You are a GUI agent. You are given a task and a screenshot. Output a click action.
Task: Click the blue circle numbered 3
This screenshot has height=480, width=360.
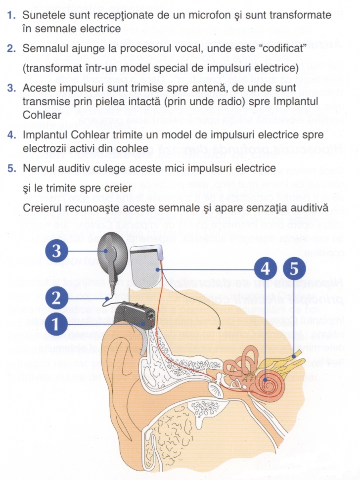[57, 251]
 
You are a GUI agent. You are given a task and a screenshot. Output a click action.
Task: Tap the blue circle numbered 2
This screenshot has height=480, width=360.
[57, 297]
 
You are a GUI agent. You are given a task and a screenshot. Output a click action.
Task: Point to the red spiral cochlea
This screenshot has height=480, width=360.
[267, 382]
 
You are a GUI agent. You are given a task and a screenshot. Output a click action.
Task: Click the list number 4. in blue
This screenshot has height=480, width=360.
[12, 134]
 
